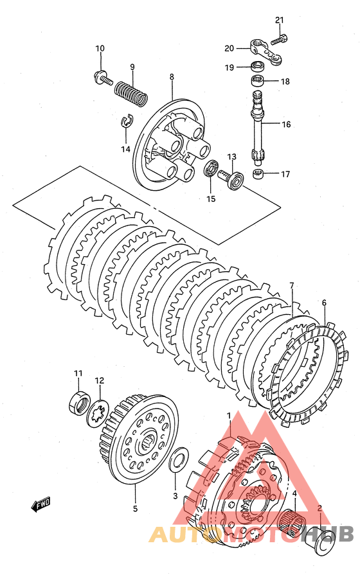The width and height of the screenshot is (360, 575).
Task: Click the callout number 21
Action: tap(280, 21)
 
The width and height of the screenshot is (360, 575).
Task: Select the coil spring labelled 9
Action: tap(132, 93)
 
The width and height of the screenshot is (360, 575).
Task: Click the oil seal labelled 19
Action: tap(258, 67)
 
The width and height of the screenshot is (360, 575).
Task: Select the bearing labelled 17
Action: tap(259, 174)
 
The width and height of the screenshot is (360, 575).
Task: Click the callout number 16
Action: tap(286, 124)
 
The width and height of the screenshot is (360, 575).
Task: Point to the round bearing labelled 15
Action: tap(212, 170)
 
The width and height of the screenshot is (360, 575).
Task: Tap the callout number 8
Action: tap(172, 77)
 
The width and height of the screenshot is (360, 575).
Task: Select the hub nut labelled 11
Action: tap(78, 402)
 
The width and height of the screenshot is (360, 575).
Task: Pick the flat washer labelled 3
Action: tap(178, 459)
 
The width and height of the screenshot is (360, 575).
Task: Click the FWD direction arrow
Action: tap(40, 506)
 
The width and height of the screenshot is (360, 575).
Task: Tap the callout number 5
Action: tap(135, 509)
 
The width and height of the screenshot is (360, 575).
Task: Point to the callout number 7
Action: tap(292, 285)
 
